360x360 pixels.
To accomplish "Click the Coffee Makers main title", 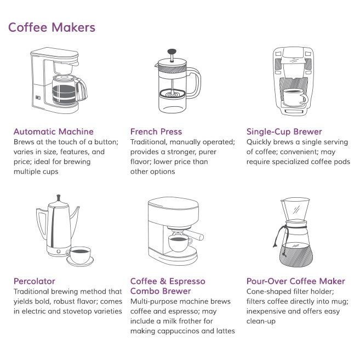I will [x=52, y=27].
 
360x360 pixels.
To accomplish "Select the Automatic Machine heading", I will [x=53, y=132].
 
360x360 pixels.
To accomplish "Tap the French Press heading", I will [x=156, y=132].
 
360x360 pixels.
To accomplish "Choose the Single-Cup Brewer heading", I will [x=284, y=132].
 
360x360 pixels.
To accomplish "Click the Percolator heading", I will [x=34, y=281].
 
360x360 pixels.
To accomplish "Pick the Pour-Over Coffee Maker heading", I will [x=296, y=281].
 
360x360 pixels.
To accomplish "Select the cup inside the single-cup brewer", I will [x=295, y=97].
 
